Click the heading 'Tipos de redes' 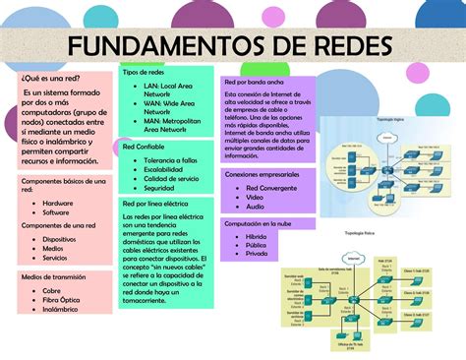coord(143,73)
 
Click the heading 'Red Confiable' coord(144,146)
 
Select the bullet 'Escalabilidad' coord(167,169)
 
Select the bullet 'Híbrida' coord(257,237)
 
